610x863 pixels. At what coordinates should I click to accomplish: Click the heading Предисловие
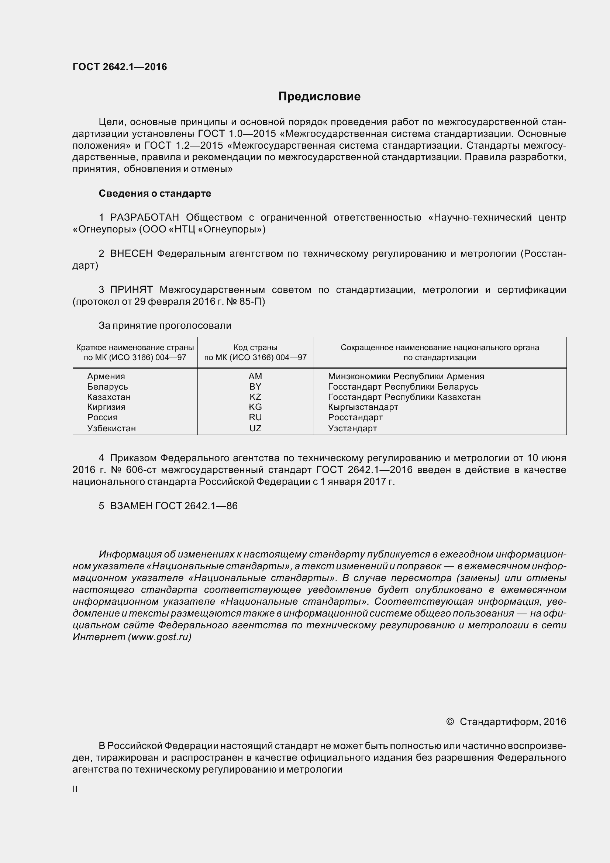tap(319, 97)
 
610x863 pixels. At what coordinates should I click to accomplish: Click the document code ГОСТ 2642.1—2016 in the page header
tap(120, 67)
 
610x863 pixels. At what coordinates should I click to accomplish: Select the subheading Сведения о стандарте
tap(155, 193)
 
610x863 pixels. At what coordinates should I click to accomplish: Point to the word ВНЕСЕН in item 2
tap(131, 254)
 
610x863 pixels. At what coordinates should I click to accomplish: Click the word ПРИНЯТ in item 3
tap(131, 290)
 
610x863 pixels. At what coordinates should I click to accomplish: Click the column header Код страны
tap(255, 347)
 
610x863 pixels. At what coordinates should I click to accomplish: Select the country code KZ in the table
tap(255, 397)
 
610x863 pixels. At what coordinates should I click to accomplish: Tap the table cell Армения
tap(106, 376)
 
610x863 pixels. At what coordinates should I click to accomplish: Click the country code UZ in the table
tap(255, 428)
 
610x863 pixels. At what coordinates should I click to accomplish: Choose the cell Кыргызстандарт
tap(363, 407)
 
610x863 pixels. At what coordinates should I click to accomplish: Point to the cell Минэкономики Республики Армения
tap(406, 376)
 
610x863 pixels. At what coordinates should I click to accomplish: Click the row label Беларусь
tap(107, 387)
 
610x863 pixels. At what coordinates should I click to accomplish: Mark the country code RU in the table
tap(255, 417)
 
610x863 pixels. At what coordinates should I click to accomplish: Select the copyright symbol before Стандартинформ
tap(449, 722)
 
